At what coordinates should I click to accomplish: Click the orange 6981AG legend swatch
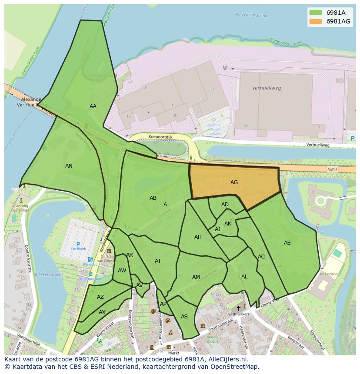(316, 21)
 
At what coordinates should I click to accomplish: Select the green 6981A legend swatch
(316, 13)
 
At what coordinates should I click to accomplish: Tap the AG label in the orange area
(234, 182)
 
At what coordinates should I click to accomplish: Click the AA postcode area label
(93, 106)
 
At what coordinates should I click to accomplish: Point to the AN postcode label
(69, 165)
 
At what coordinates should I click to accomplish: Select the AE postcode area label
(287, 243)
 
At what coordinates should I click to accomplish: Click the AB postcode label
(153, 198)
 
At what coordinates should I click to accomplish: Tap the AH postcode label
(198, 237)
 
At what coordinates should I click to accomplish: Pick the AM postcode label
(196, 277)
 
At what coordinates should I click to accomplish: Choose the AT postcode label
(158, 261)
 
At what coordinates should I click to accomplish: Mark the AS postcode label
(184, 317)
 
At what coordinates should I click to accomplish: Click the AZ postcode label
(100, 297)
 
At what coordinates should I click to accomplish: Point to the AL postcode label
(244, 277)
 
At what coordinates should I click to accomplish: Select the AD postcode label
(225, 205)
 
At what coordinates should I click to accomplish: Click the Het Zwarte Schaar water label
(251, 14)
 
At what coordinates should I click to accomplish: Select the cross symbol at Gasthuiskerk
(238, 308)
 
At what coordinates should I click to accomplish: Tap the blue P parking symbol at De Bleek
(78, 245)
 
